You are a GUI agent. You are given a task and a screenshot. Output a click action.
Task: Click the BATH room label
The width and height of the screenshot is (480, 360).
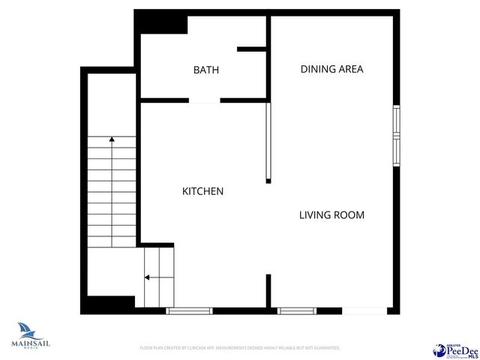coord(206,70)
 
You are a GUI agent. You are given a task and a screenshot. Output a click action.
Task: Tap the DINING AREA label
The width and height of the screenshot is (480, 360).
coord(331,69)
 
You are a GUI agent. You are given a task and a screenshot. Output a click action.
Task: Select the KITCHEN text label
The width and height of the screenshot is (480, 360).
coord(202,191)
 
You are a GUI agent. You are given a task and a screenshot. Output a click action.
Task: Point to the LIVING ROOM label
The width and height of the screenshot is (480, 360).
coord(331,215)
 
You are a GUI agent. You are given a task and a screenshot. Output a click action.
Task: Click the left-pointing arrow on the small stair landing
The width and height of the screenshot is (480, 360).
coord(146,277)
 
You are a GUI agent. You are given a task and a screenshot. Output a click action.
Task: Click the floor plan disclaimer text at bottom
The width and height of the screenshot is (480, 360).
coord(240,348)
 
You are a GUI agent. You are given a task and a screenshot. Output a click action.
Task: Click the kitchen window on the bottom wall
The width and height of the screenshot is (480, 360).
coord(189,310)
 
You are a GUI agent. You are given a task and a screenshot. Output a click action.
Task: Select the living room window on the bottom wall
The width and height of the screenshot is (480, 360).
coord(297,310)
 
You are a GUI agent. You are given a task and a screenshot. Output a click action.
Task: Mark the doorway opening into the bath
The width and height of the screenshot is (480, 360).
coord(204,100)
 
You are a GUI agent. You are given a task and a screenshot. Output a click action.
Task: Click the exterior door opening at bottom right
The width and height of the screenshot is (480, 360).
coord(364,310)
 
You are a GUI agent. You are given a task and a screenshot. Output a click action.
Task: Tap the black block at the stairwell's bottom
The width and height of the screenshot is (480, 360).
coord(107,305)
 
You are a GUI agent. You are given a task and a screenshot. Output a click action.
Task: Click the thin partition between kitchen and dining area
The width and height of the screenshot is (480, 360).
coord(268,142)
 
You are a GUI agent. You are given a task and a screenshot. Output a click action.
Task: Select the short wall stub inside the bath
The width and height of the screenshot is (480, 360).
coord(252,49)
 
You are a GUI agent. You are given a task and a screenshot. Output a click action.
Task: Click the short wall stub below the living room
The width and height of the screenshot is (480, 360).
coord(268,291)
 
